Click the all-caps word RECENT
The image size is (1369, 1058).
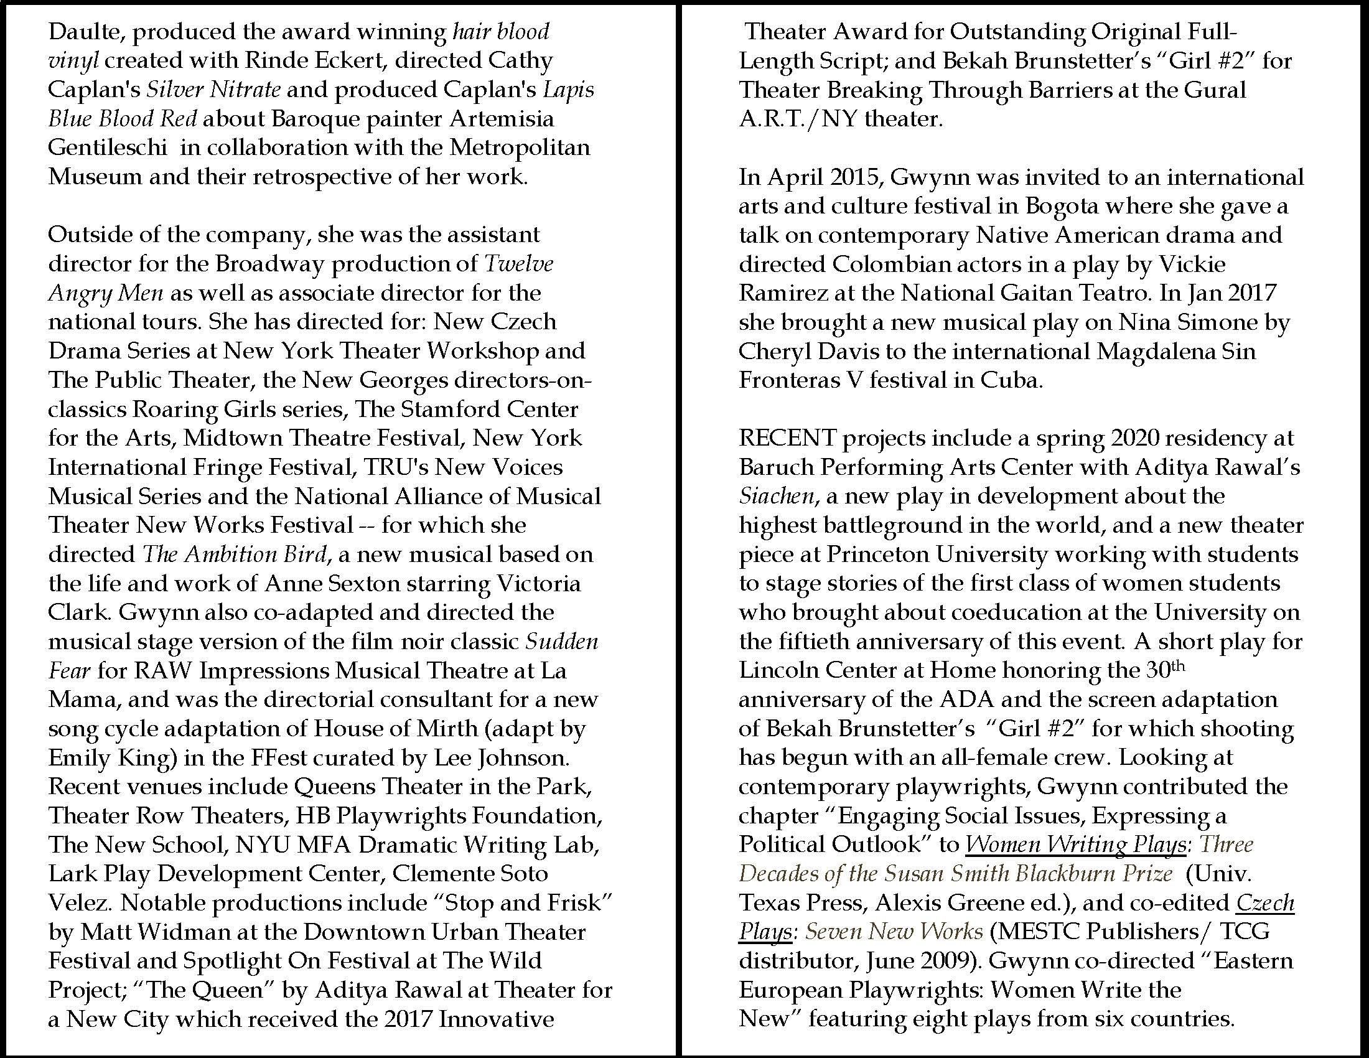point(787,438)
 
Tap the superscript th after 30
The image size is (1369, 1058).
point(1179,665)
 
